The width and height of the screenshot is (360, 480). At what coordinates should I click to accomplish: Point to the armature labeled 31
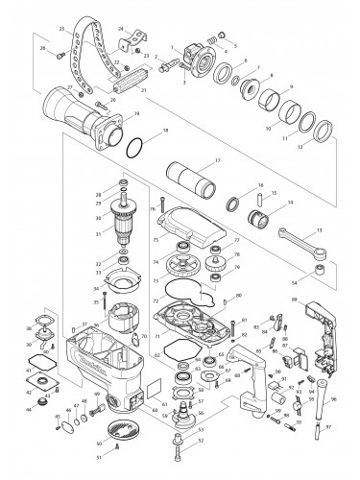pyautogui.click(x=124, y=231)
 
